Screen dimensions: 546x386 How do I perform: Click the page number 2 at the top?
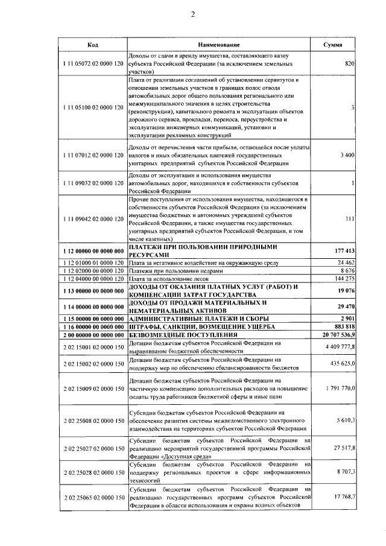[x=192, y=14]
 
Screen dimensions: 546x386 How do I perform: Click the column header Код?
[x=93, y=45]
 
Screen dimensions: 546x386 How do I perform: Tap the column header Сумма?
[x=333, y=45]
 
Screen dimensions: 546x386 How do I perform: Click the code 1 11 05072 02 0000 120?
[x=93, y=63]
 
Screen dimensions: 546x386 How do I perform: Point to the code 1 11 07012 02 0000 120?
[x=93, y=155]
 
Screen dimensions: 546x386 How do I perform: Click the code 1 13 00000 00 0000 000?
[x=93, y=290]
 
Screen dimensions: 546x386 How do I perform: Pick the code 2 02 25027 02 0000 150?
[x=93, y=449]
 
